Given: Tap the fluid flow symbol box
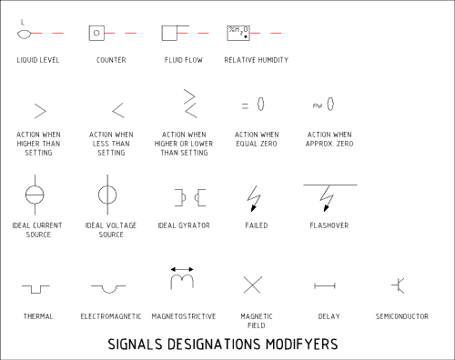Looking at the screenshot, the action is pos(169,33).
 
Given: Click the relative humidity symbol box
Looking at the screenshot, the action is pos(238,33).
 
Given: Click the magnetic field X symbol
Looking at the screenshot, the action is pos(253,285).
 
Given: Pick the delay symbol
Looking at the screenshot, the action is pos(327,285).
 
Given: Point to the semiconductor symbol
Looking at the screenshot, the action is pos(399,285).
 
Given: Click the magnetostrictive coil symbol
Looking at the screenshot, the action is pos(182,278).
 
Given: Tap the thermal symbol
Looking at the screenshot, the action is pos(37,287).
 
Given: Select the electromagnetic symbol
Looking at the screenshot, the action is pos(110,287).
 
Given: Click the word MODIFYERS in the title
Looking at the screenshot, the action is pos(297,345).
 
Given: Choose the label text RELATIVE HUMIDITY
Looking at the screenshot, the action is pos(256,61).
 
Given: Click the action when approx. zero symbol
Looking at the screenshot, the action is pos(329,105).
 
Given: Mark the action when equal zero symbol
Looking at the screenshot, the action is pos(254,105).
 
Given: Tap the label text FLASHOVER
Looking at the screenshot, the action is pos(329,225).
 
